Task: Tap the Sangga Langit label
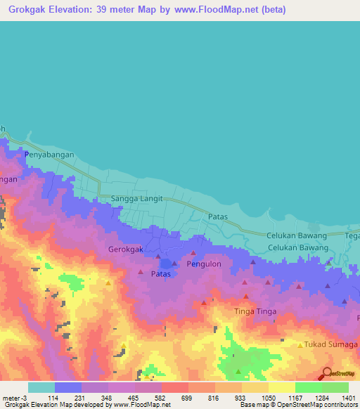137,199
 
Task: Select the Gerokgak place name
126,249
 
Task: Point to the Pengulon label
204,264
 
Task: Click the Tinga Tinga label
255,311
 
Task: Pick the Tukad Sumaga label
330,344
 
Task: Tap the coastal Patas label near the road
219,218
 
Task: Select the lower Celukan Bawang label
297,248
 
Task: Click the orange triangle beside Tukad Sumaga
300,344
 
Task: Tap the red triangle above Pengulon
193,253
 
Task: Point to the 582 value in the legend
160,398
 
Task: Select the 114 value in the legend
53,398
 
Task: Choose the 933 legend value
240,398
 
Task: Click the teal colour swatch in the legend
41,387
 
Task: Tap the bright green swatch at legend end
335,387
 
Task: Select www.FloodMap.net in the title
215,11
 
